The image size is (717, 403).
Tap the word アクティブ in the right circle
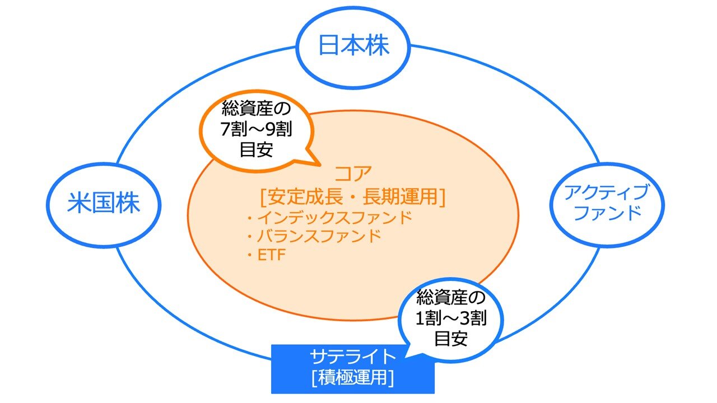click(x=606, y=193)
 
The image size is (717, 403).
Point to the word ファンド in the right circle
click(x=608, y=213)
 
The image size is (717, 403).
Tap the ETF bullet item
click(x=271, y=255)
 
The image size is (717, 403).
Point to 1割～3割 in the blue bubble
click(x=451, y=318)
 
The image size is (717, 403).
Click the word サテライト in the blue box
click(x=353, y=356)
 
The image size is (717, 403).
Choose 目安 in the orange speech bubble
click(x=256, y=149)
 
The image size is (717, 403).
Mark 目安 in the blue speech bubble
click(x=451, y=339)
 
